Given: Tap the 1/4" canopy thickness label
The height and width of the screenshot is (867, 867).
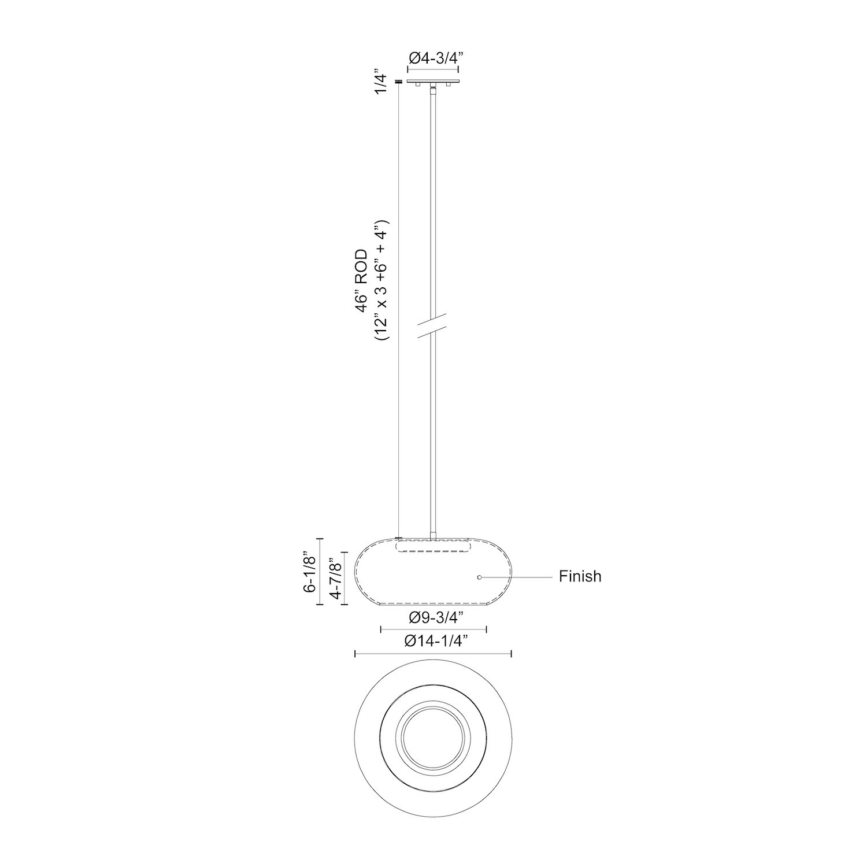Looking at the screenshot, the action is click(x=380, y=83).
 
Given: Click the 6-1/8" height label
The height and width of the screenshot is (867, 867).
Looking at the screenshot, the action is click(x=311, y=572).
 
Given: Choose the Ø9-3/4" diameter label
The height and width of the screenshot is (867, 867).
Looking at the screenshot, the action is click(x=433, y=618).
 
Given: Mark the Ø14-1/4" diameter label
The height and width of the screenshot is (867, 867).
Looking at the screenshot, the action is click(x=433, y=641).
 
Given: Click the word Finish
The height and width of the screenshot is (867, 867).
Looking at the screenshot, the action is click(x=580, y=576).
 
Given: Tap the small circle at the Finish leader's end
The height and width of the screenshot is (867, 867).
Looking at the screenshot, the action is click(x=479, y=577).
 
